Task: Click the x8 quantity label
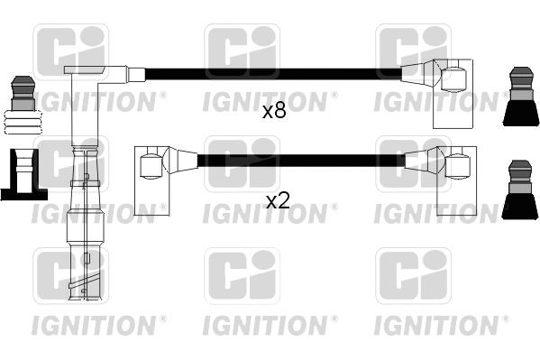pos(274,112)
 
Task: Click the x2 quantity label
pos(278,201)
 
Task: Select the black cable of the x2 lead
pos(297,161)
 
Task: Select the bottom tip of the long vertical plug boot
pos(83,293)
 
